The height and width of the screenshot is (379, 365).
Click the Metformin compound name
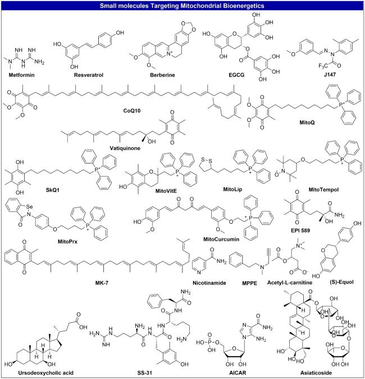pyautogui.click(x=21, y=75)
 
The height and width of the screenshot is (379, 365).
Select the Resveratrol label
pyautogui.click(x=89, y=75)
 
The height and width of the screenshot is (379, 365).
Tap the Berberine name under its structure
pyautogui.click(x=162, y=75)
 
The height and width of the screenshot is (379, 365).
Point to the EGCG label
pyautogui.click(x=236, y=75)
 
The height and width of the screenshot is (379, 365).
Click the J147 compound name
pyautogui.click(x=330, y=74)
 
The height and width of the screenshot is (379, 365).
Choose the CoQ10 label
pyautogui.click(x=132, y=111)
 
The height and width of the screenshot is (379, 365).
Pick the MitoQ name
pyautogui.click(x=307, y=123)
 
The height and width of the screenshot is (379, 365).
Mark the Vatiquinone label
pyautogui.click(x=125, y=148)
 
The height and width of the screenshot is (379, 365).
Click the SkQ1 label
pyautogui.click(x=53, y=189)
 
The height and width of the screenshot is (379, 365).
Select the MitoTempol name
pyautogui.click(x=323, y=189)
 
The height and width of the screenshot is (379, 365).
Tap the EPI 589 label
pyautogui.click(x=300, y=231)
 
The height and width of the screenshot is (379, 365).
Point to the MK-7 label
pyautogui.click(x=102, y=282)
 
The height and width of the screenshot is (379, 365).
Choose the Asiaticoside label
pyautogui.click(x=316, y=373)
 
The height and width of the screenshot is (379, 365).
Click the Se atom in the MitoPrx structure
pyautogui.click(x=29, y=207)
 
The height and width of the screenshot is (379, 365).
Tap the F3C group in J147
pyautogui.click(x=323, y=66)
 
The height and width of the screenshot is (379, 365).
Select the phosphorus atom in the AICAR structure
pyautogui.click(x=209, y=342)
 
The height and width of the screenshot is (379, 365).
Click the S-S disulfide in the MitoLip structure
pyautogui.click(x=207, y=160)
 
